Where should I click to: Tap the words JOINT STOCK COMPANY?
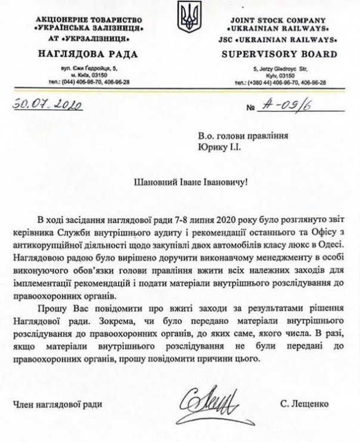(x=280, y=21)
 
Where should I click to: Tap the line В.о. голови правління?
(x=238, y=134)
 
